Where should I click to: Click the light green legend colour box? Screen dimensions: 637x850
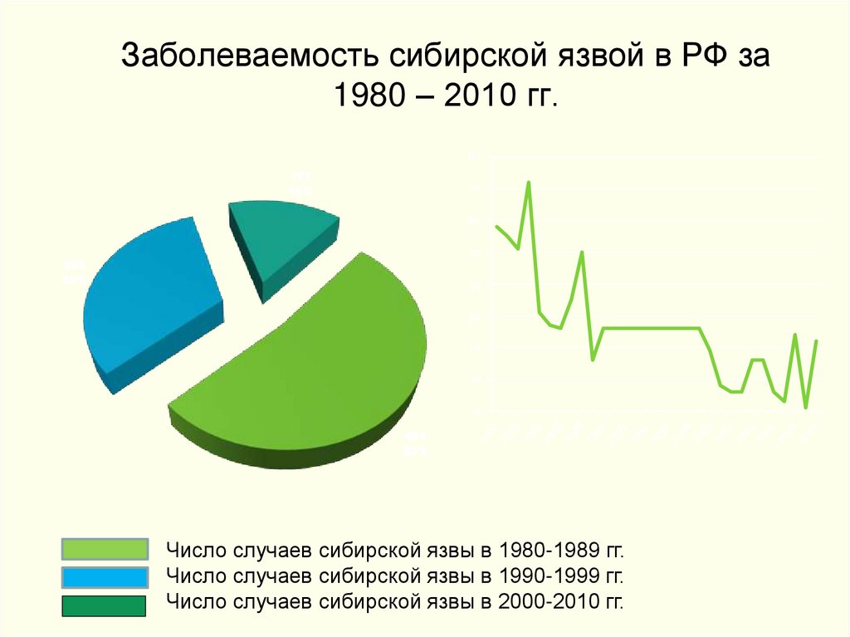(x=105, y=549)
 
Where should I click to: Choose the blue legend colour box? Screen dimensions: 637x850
(x=105, y=576)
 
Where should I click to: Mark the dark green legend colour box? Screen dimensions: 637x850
(x=105, y=605)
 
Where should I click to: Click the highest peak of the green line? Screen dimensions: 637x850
(x=529, y=182)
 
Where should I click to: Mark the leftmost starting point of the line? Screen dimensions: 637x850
(x=496, y=226)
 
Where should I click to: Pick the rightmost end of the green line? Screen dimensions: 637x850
(x=817, y=341)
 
